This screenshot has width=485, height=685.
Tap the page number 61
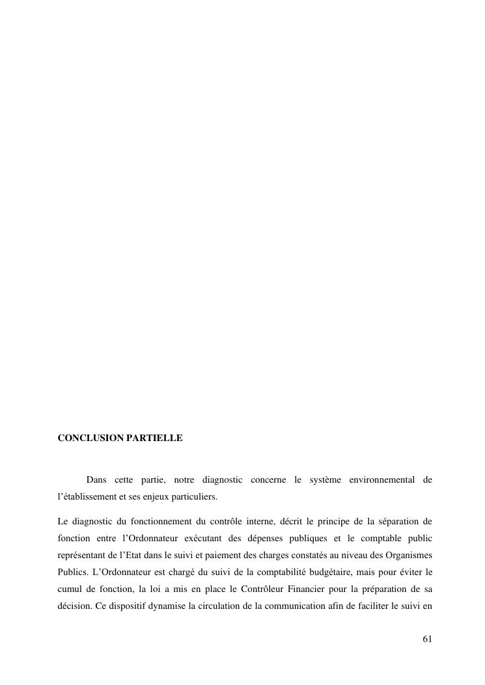click(x=427, y=639)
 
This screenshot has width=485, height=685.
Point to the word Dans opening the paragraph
click(x=96, y=481)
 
